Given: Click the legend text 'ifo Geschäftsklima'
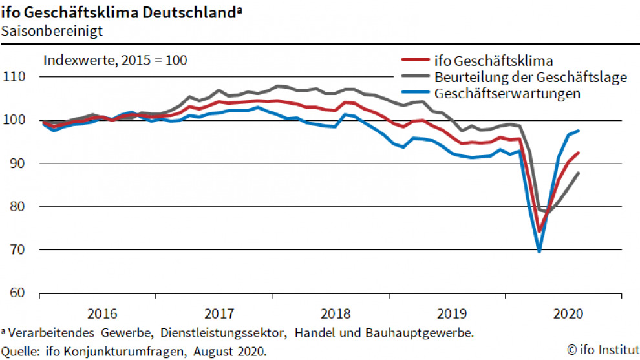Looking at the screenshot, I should point(495,62).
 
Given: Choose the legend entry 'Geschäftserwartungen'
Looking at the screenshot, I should point(508,93).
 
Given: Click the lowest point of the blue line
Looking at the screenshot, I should point(539,251).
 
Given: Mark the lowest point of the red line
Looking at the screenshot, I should point(539,231).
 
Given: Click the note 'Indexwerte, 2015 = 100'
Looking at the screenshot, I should point(115,61).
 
